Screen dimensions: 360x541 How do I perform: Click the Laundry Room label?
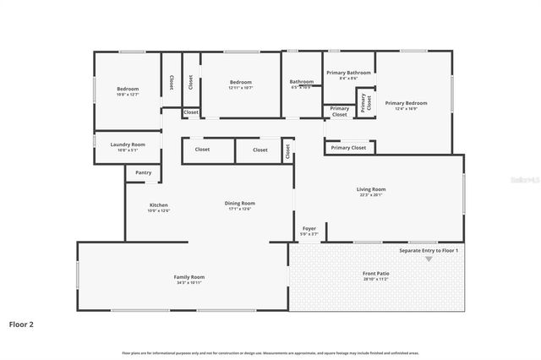[x=128, y=145]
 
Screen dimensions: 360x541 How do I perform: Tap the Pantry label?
[x=144, y=172]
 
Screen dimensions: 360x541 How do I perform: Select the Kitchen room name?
[x=159, y=205]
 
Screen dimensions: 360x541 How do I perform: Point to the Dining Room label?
[x=239, y=203]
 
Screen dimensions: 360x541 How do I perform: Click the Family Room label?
[x=189, y=277]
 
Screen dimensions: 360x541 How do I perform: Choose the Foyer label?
[x=309, y=228]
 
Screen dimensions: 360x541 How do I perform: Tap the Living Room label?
[x=371, y=189]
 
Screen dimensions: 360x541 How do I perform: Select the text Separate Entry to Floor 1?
[x=429, y=251]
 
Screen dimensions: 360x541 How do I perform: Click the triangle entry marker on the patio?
[x=429, y=259]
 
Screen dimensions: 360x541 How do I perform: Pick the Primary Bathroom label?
[x=348, y=73]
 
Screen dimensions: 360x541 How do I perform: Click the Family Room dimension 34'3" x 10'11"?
[x=189, y=283]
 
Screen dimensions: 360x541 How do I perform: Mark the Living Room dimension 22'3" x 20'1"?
[x=371, y=195]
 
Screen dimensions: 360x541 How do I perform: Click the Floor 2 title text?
[x=21, y=324]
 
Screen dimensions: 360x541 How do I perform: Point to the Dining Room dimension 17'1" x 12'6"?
[x=239, y=209]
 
